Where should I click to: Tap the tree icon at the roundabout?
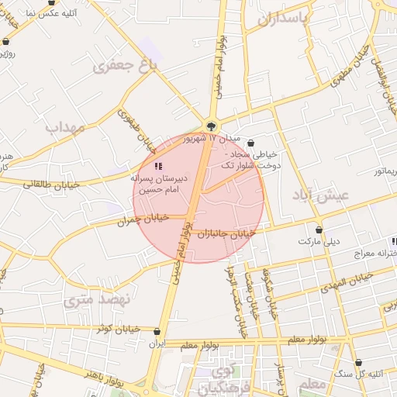click(x=211, y=126)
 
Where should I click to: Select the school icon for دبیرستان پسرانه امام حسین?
click(x=158, y=166)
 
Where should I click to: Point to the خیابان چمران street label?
click(x=143, y=220)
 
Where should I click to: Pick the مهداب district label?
click(x=64, y=126)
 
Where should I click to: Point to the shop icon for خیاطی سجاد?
click(x=250, y=143)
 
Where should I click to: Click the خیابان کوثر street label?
click(x=118, y=329)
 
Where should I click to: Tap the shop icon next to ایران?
click(x=157, y=331)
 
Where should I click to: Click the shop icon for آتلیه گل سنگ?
click(x=359, y=363)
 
